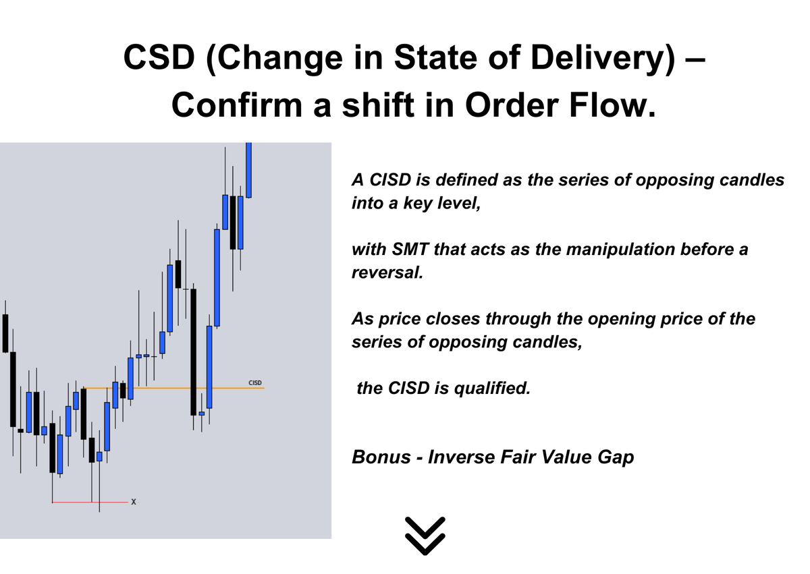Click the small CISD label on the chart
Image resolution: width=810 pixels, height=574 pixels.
point(255,383)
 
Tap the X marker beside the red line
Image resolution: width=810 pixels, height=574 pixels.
point(134,502)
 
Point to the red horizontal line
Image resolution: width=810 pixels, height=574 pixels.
point(88,502)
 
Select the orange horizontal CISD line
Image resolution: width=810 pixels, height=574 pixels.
point(169,388)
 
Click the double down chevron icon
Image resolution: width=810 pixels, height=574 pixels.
point(426,536)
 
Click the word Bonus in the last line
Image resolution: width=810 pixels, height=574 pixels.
point(381,457)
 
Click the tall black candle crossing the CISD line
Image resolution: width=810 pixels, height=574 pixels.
point(194,351)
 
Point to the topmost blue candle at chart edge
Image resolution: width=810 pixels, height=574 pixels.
point(248,169)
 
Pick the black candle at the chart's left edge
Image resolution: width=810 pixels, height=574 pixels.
point(5,333)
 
